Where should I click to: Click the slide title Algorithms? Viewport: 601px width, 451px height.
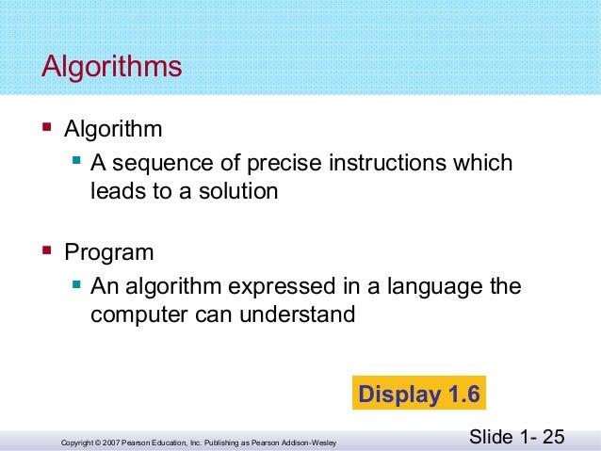[111, 68]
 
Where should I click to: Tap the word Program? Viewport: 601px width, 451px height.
[108, 252]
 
